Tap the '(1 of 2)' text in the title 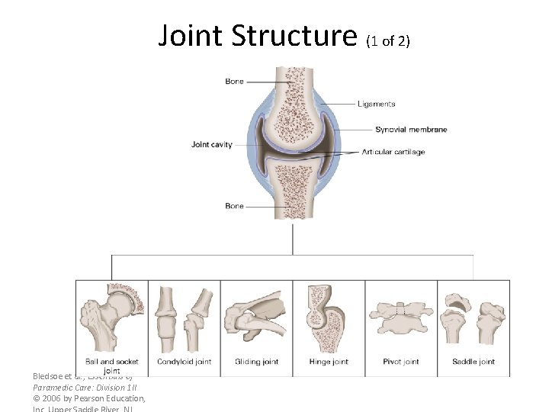(388, 40)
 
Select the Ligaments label (377, 104)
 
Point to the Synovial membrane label (411, 130)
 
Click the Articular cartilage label (393, 152)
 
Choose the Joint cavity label (212, 144)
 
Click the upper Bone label (234, 82)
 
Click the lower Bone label (234, 206)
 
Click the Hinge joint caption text (329, 362)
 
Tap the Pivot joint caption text (401, 362)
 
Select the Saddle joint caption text (473, 362)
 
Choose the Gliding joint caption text (256, 362)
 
